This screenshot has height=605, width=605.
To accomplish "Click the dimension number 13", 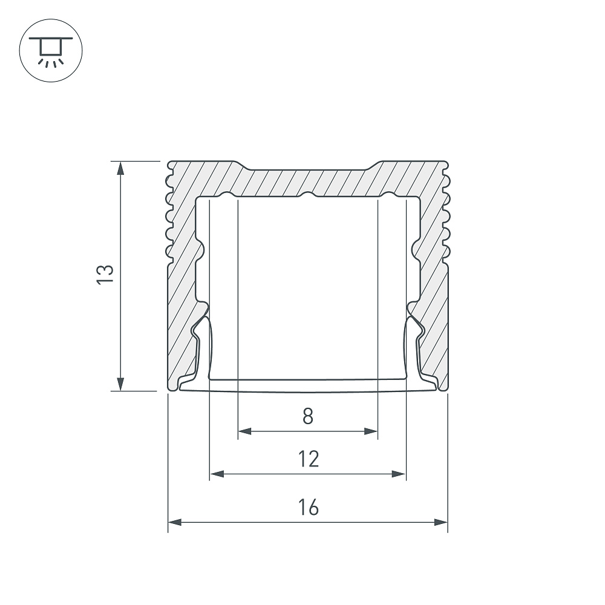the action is point(105,274).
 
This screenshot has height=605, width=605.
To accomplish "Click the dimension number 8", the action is point(308,416).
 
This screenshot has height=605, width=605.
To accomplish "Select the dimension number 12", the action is point(309,459).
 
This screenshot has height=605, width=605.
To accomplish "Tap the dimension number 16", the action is point(309,507).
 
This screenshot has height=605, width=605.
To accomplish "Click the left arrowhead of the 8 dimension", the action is point(244,431).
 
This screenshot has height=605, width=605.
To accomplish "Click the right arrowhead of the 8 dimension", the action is point(371,431).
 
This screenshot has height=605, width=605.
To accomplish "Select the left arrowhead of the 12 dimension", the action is point(217,474).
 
